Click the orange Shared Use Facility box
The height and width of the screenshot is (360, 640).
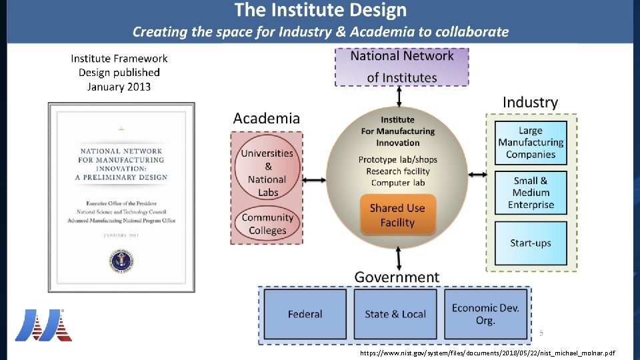pos(397,215)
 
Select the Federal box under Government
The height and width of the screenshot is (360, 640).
pos(305,314)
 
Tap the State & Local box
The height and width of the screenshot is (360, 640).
pos(395,314)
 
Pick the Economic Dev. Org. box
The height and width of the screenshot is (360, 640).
pos(485,314)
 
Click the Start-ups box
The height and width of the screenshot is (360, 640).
pos(531,243)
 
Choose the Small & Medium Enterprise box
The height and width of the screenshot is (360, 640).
pos(531,193)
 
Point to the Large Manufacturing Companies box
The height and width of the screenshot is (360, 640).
pos(531,143)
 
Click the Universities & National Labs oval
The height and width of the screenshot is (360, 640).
pos(267,173)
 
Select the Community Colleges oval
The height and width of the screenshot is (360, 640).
pos(267,224)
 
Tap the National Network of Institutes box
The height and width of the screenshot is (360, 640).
pos(401,67)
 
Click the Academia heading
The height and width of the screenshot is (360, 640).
pos(267,119)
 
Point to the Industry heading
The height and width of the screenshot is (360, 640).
pos(530,102)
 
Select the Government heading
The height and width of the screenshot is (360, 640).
pos(397,277)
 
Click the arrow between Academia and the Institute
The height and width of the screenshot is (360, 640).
pos(313,180)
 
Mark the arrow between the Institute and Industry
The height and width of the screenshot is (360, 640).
pos(477,175)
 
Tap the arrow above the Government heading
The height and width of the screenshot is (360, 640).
pos(399,257)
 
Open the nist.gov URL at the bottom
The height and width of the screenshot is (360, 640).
pos(487,353)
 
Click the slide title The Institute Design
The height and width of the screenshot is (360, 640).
pos(320,11)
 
